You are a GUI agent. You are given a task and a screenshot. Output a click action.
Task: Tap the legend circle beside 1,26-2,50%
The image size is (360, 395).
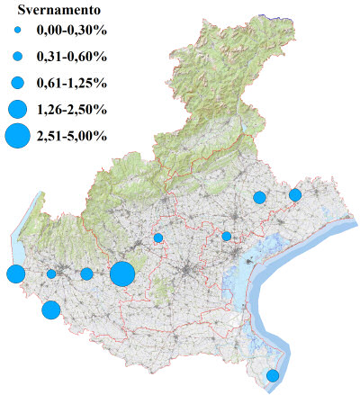pyautogui.click(x=17, y=110)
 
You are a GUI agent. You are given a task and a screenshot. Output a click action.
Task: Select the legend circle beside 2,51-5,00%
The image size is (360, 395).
pyautogui.click(x=17, y=137)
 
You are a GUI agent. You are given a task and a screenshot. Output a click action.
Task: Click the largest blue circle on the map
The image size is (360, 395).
pyautogui.click(x=122, y=274)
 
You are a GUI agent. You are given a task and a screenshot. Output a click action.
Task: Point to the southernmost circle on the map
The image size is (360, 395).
pyautogui.click(x=273, y=376)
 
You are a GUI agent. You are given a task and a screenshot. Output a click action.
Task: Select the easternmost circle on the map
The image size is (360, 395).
pyautogui.click(x=294, y=194)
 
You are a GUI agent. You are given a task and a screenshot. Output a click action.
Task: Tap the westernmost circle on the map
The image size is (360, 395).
pyautogui.click(x=14, y=274)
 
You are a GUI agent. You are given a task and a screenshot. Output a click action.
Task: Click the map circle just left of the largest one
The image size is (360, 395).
pyautogui.click(x=86, y=274)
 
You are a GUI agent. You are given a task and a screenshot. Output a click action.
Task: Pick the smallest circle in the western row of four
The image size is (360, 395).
pyautogui.click(x=51, y=274)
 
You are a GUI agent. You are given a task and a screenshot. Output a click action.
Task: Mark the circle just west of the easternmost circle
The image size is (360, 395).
pyautogui.click(x=259, y=197)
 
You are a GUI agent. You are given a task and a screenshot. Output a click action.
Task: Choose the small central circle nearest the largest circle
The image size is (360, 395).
pyautogui.click(x=157, y=238)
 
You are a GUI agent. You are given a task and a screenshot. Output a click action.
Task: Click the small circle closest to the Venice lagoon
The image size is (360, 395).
pyautogui.click(x=227, y=237)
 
